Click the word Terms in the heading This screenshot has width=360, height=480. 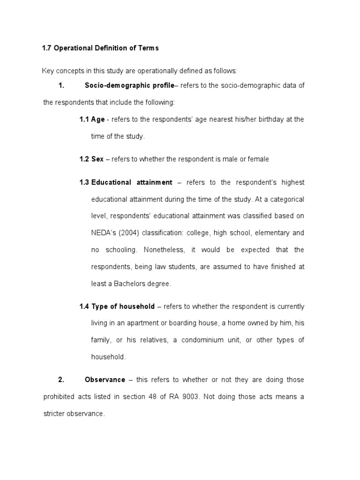[147, 48]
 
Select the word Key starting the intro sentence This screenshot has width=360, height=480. [48, 71]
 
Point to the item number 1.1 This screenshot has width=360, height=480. [84, 120]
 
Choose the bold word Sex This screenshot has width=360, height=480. [97, 159]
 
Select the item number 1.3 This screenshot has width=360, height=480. [84, 182]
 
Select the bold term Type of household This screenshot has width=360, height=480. [123, 307]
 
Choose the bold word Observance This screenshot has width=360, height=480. [105, 380]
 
